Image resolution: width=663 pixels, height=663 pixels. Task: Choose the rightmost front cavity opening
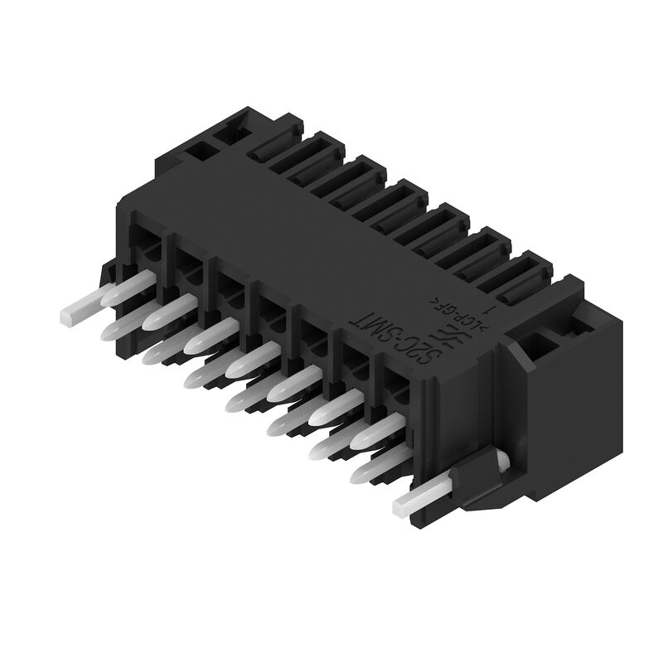click(x=398, y=381)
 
